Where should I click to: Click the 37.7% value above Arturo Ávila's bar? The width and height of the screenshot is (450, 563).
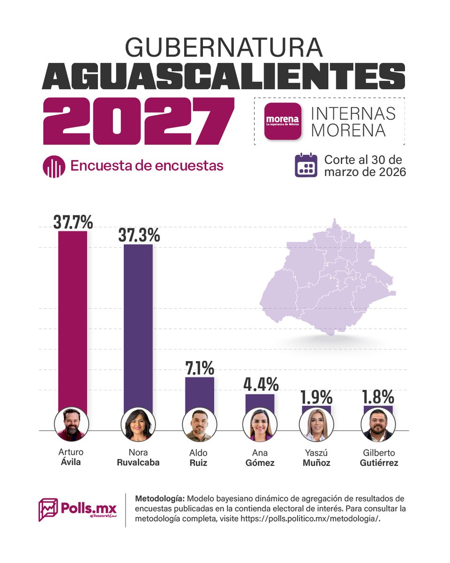(x=73, y=222)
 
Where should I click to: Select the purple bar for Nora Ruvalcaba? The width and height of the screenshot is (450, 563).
(x=138, y=324)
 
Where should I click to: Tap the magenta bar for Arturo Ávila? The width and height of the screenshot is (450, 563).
(x=73, y=319)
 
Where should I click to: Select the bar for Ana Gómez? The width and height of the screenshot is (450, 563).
(x=260, y=401)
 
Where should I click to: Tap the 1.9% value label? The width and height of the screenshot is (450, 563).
(x=316, y=397)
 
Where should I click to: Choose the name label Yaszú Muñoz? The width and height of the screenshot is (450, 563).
(x=316, y=458)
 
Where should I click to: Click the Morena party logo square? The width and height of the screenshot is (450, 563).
(x=282, y=121)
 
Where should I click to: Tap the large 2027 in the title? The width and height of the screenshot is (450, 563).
(x=138, y=121)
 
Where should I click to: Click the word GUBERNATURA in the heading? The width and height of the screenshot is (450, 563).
(x=224, y=48)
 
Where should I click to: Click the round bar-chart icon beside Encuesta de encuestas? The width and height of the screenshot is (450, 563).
(x=54, y=166)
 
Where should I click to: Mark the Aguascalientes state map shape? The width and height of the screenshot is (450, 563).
(x=328, y=281)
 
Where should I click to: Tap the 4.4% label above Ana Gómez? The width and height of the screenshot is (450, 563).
(x=260, y=385)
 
